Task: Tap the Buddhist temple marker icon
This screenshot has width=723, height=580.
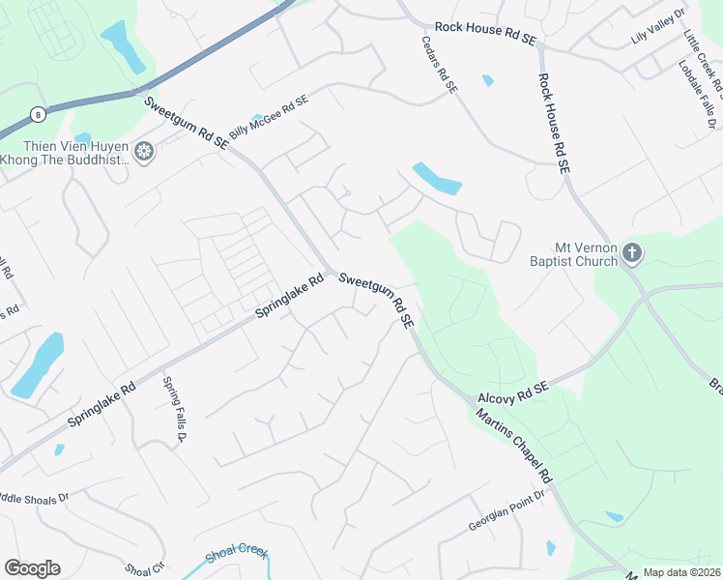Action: coord(144,152)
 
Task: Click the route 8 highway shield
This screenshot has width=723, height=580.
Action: coord(36,113)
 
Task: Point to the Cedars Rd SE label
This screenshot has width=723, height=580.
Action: coord(439,65)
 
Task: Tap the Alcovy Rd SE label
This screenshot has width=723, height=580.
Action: coord(512,392)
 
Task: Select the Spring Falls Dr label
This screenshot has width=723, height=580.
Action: coord(174,410)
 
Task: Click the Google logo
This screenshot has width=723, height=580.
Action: coord(32,568)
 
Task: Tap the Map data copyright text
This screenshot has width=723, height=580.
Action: coord(681,572)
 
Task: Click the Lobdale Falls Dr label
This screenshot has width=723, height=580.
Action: coord(695,92)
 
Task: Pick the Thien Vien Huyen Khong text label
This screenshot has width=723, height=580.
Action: coord(65,153)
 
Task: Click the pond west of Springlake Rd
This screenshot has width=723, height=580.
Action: coord(37,364)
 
